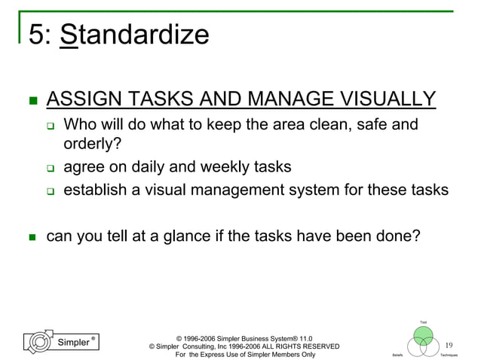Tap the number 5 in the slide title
(35, 35)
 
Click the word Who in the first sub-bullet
(82, 124)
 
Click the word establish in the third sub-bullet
(94, 190)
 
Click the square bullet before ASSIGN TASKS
(30, 100)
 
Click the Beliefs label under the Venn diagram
(397, 354)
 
